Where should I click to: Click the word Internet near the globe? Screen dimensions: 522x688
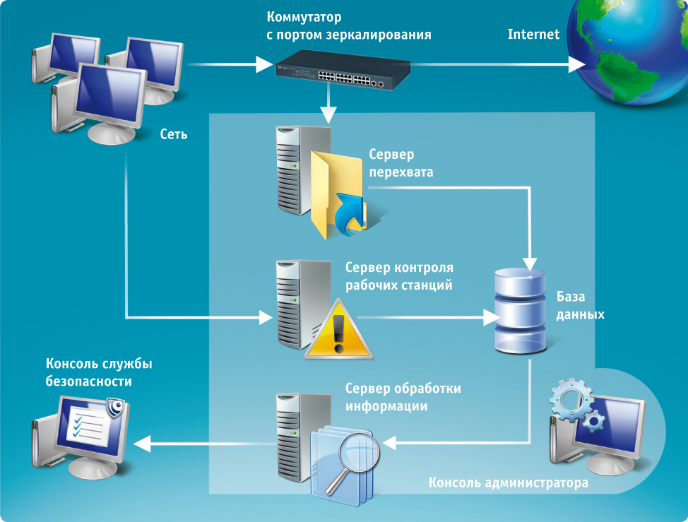533,34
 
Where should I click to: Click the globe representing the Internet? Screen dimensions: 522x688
629,53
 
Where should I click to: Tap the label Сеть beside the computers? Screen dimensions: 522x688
174,134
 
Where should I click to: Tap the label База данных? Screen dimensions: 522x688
580,305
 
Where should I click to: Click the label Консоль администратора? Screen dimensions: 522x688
508,484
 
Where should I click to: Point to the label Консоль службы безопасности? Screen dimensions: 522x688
99,372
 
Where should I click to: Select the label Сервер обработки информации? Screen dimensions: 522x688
403,398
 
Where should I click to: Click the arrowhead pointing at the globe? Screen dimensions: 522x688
577,65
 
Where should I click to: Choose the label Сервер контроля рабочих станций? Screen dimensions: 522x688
399,277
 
